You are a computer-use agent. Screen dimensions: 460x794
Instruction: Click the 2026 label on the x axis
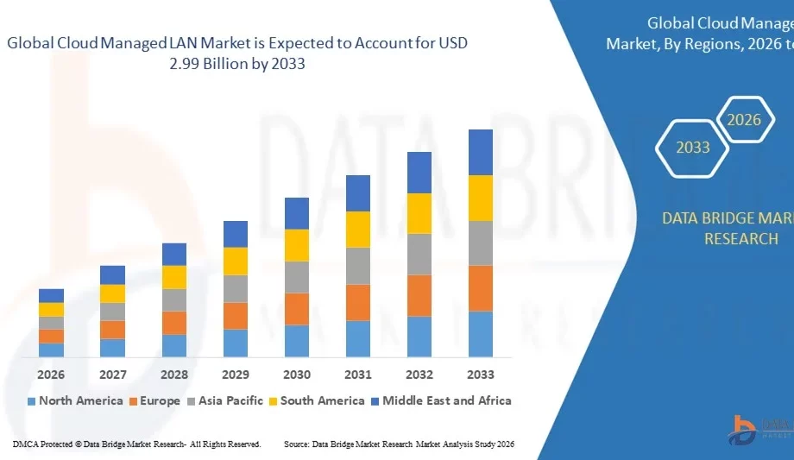[x=51, y=375]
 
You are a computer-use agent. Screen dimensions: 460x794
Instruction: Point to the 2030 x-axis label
[x=297, y=375]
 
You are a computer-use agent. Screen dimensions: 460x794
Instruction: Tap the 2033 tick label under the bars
[x=481, y=375]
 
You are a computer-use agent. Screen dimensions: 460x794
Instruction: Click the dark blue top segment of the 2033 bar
[x=481, y=152]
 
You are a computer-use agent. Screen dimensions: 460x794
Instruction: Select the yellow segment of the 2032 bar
[x=419, y=213]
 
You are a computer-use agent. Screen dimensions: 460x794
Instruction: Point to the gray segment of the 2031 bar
[x=358, y=266]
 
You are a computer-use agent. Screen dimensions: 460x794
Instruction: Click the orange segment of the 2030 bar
[x=297, y=309]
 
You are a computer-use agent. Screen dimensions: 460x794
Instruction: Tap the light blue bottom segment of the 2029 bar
[x=236, y=343]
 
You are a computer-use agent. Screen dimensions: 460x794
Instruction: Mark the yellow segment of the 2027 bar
[x=113, y=293]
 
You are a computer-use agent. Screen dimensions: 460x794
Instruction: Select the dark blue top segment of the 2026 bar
[x=51, y=295]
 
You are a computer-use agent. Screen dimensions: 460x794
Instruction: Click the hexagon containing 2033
[x=692, y=148]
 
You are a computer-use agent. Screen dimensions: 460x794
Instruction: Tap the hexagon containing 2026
[x=743, y=120]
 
